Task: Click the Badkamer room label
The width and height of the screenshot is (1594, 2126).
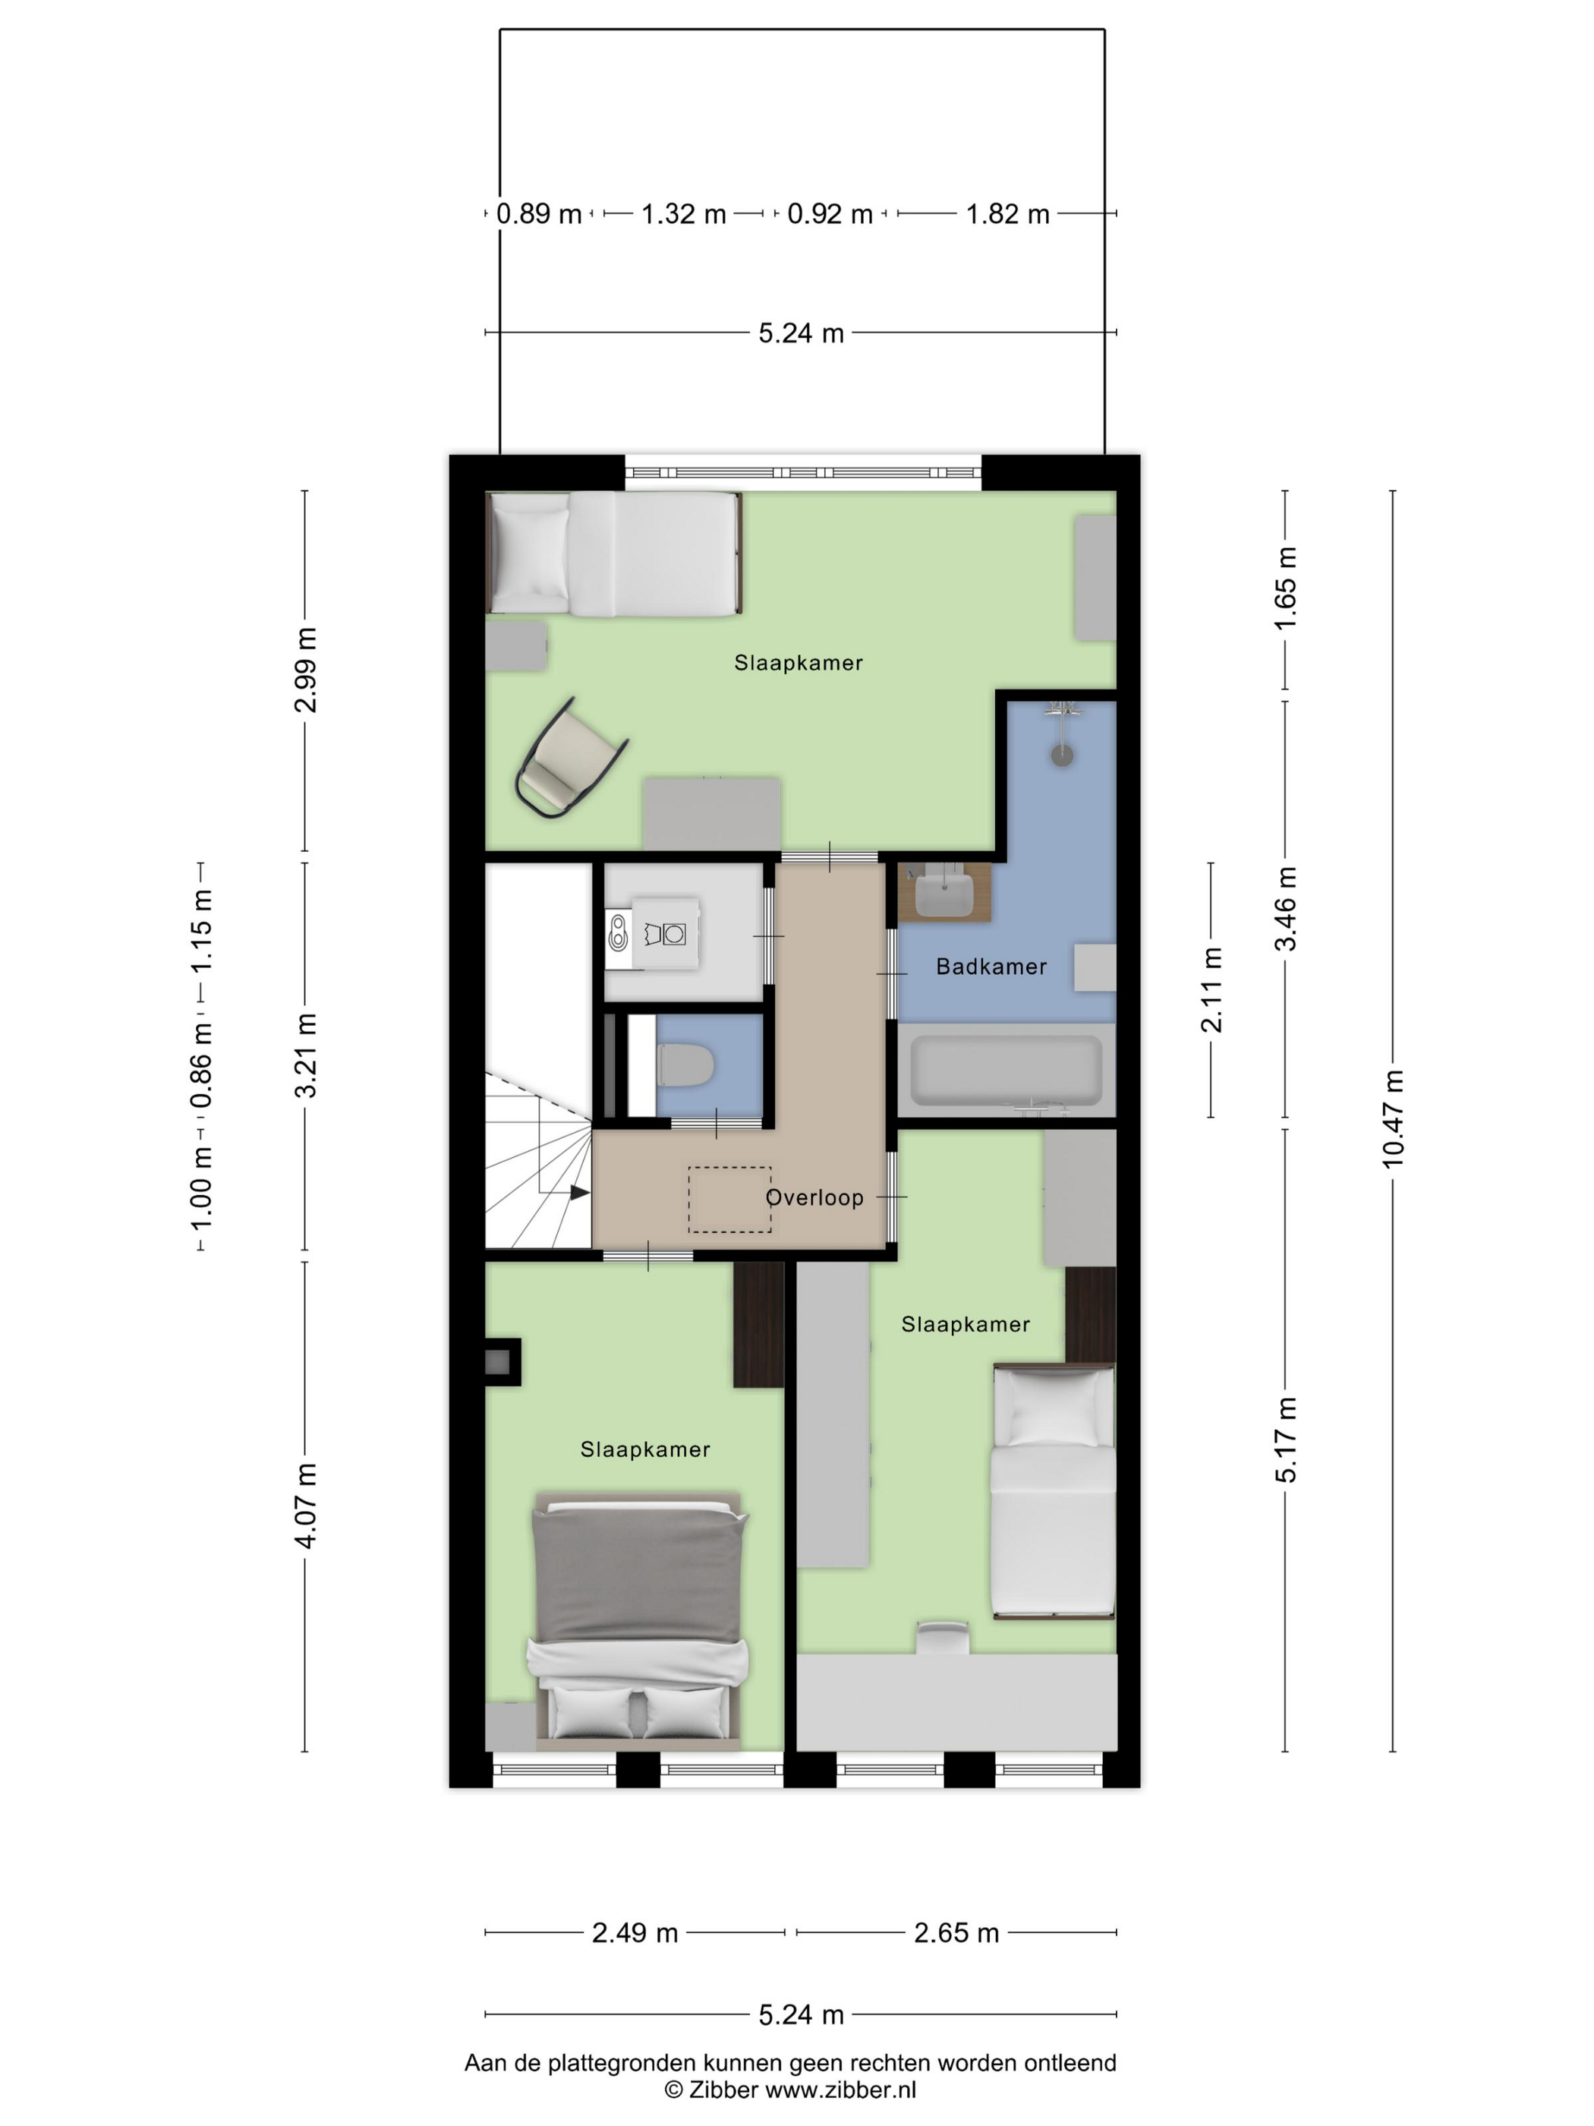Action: coord(991,967)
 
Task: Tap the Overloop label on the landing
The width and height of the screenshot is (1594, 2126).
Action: coord(814,1197)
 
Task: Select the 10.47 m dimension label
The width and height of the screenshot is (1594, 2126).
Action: coord(1392,1118)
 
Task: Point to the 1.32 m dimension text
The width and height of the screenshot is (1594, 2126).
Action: coord(683,213)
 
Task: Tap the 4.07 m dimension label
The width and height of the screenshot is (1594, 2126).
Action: coord(306,1506)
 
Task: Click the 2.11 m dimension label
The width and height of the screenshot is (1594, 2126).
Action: coord(1211,990)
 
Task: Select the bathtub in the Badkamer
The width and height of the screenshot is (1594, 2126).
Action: coord(1006,1070)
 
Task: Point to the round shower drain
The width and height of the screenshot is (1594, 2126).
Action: coord(1062,755)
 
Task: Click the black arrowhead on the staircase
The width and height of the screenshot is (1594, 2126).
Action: coord(579,1193)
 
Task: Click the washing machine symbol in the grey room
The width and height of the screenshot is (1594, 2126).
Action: coord(664,933)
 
